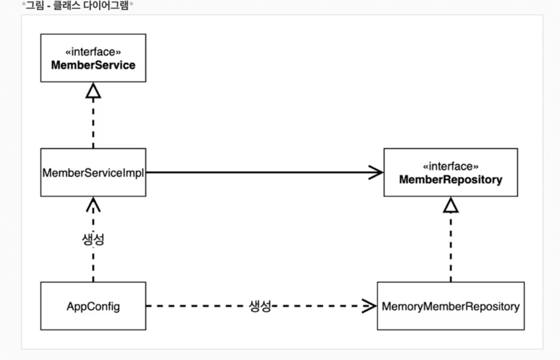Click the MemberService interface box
tap(93, 58)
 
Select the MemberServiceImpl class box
tap(93, 172)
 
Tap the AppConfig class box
tap(93, 306)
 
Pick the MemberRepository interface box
tap(451, 172)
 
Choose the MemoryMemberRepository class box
tap(451, 306)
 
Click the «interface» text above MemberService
tap(93, 52)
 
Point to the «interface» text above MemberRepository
tap(451, 166)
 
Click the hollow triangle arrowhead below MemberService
tap(93, 90)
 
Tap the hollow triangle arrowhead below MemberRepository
tap(451, 205)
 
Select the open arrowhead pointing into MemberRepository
tap(376, 172)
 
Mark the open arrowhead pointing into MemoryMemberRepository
tap(369, 306)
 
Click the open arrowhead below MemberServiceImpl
tap(93, 204)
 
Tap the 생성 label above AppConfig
tap(93, 239)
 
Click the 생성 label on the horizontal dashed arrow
tap(260, 306)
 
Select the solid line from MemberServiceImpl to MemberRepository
tap(265, 172)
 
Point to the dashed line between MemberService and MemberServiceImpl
tap(93, 123)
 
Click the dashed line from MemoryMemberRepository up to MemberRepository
tap(451, 247)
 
